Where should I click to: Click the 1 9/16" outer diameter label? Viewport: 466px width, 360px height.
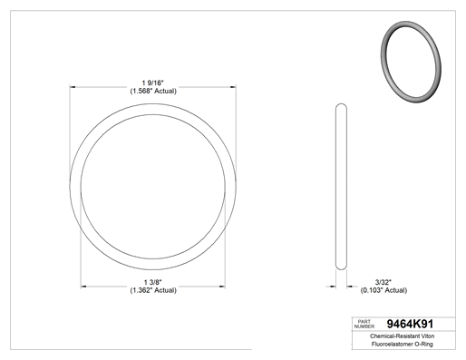153,83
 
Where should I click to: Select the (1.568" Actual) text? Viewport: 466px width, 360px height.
153,91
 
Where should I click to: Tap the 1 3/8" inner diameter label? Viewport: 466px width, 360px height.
153,282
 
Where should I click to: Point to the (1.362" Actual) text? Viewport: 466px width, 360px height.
153,290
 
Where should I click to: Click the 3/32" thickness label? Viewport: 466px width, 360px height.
383,282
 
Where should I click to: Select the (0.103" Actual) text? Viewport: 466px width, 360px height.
383,290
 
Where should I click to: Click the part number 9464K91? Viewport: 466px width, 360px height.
410,324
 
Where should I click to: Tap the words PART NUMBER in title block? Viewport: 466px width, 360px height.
364,324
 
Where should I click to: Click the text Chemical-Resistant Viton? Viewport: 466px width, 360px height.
403,336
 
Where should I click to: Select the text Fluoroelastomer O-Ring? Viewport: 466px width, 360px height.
403,344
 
